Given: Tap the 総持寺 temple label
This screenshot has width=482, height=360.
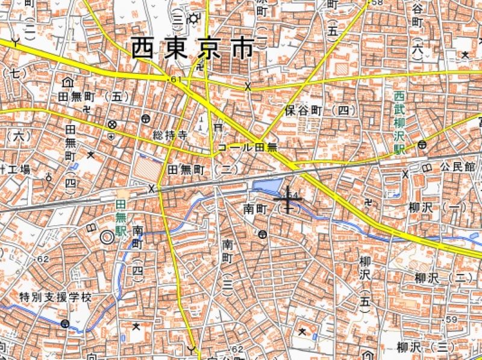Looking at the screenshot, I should click(171, 134).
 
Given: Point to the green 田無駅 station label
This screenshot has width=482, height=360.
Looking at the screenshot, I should click(120, 218).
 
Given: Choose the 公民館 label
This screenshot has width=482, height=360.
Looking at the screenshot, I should click(457, 166).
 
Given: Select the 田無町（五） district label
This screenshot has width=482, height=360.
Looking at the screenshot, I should click(93, 96).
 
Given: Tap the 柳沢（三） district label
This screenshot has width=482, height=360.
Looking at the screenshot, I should click(425, 347).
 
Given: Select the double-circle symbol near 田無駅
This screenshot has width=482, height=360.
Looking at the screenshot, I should click(107, 237).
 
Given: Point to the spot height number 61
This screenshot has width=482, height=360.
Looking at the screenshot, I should click(175, 79).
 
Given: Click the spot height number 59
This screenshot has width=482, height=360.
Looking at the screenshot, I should click(452, 319).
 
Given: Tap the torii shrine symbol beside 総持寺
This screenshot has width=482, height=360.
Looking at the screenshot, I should click(218, 128).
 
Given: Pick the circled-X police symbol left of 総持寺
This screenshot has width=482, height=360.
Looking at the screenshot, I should click(112, 125).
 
